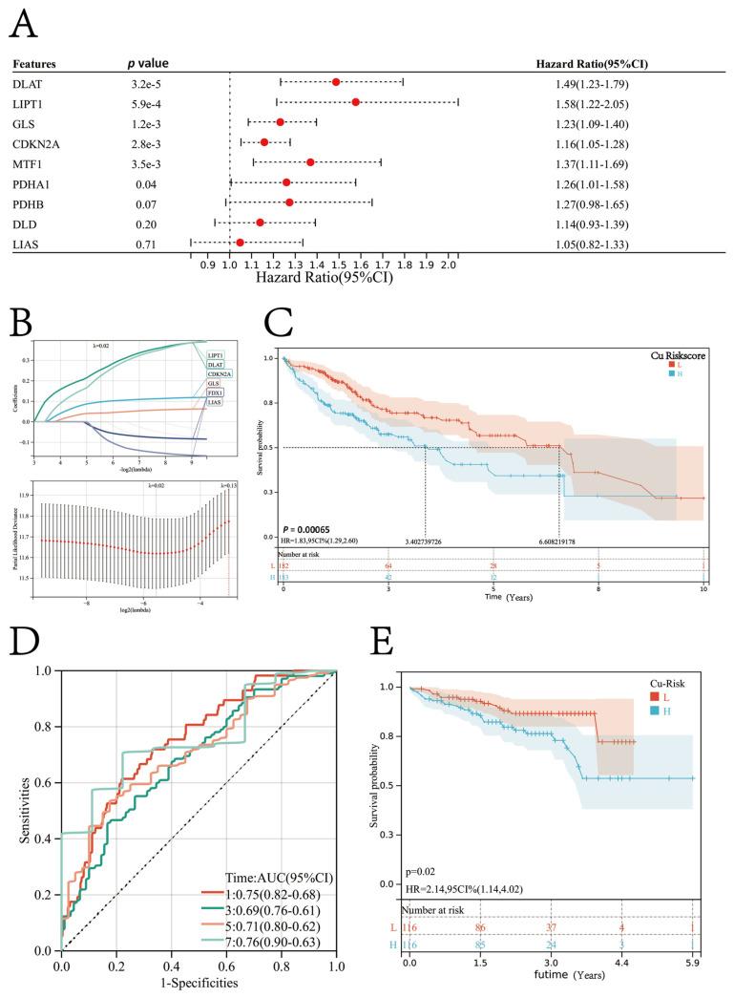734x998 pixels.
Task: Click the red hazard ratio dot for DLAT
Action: pyautogui.click(x=336, y=82)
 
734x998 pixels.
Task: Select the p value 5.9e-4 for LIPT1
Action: pyautogui.click(x=145, y=102)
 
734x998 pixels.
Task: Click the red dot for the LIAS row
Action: pyautogui.click(x=241, y=243)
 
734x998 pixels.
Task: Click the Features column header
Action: pyautogui.click(x=35, y=64)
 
